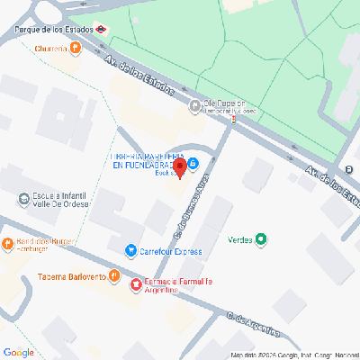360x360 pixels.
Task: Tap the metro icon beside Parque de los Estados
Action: click(x=103, y=28)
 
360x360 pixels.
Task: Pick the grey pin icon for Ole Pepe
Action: click(x=195, y=106)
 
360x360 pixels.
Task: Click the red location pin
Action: click(x=180, y=166)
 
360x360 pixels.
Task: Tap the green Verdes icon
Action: click(x=262, y=239)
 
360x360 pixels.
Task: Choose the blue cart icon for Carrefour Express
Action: click(x=131, y=251)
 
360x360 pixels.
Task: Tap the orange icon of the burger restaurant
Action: click(x=9, y=242)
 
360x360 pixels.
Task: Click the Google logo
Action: click(x=19, y=351)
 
